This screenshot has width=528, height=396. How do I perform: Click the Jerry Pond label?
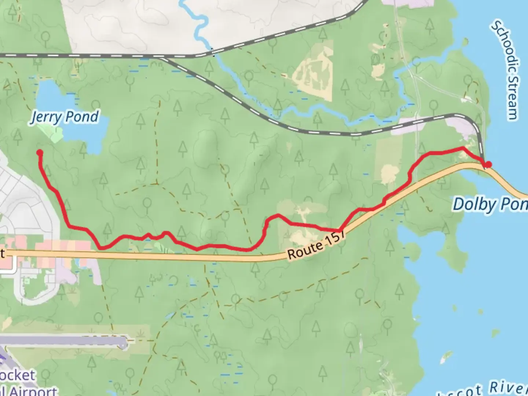[65, 117]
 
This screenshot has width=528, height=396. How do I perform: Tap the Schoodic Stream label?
[506, 70]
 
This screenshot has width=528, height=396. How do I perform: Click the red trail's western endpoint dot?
[40, 153]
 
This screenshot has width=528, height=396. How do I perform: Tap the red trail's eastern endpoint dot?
[488, 165]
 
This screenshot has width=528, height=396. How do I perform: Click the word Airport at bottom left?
[33, 391]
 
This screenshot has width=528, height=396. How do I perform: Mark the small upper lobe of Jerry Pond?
[48, 92]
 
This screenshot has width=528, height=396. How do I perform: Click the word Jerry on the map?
[45, 117]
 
